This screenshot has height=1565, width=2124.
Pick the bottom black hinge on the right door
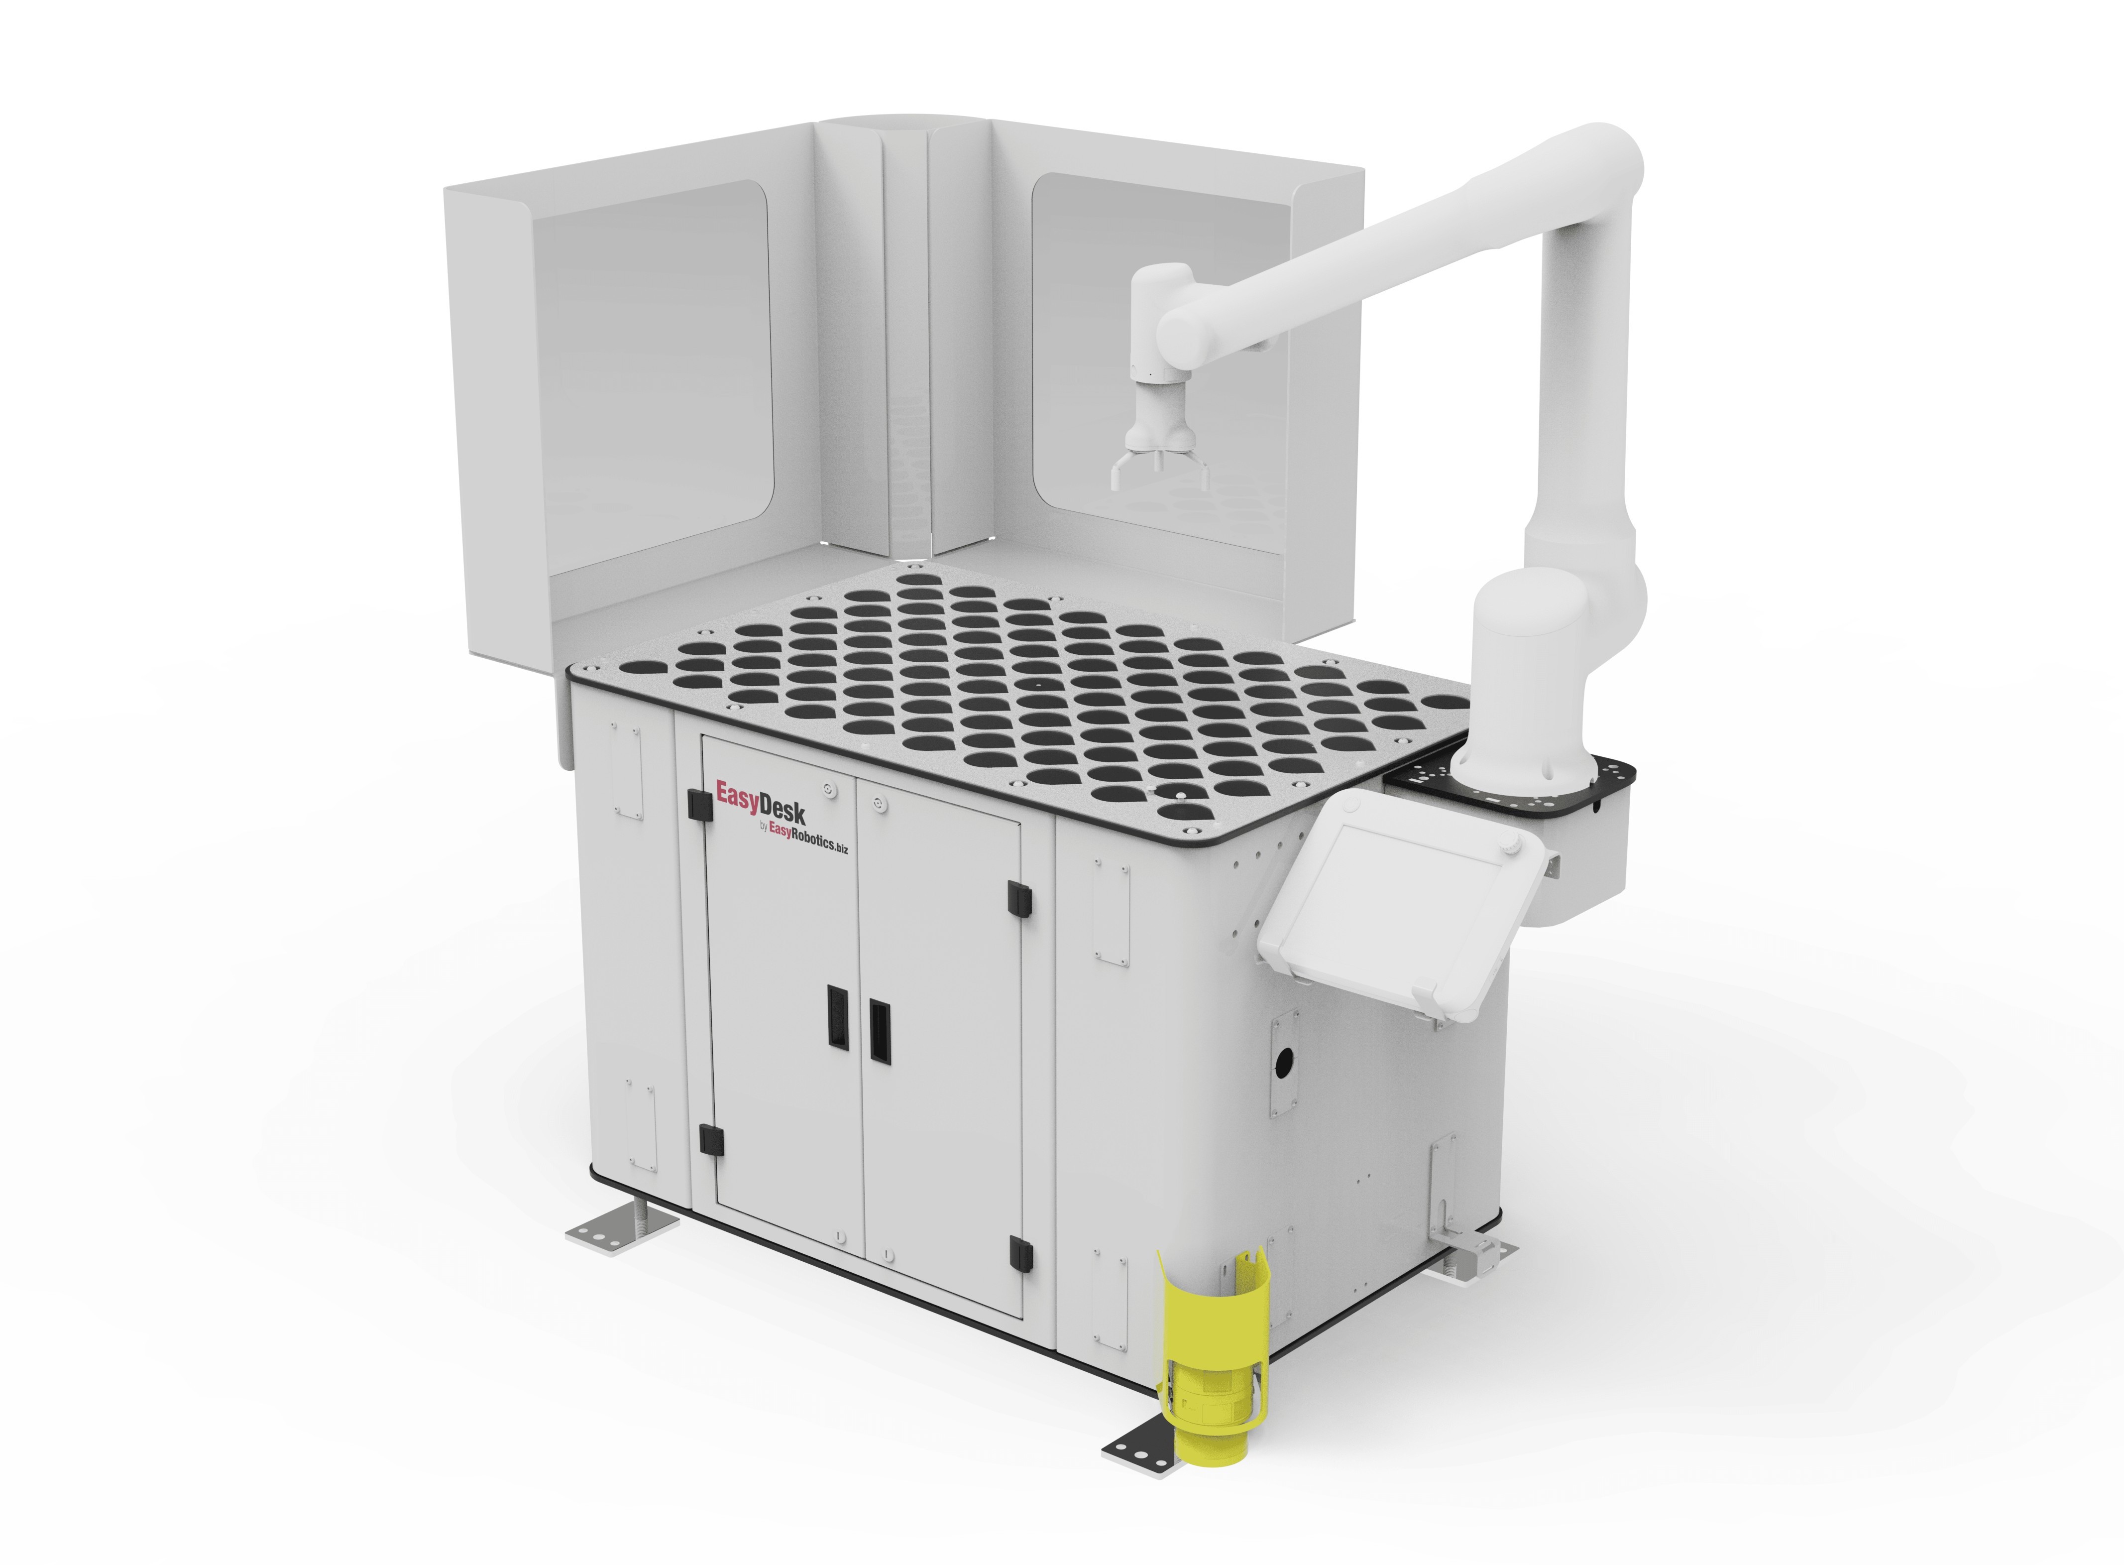tap(1020, 1250)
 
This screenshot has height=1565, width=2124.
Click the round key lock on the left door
tap(829, 788)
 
